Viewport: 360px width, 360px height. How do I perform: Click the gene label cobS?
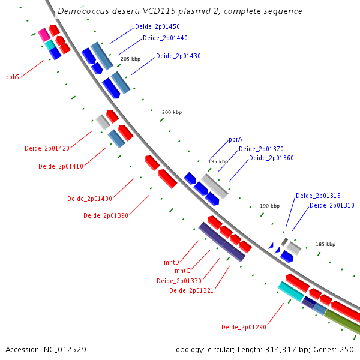pyautogui.click(x=13, y=77)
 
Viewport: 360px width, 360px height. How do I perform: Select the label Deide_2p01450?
pyautogui.click(x=157, y=26)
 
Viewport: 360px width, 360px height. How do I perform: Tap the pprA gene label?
pyautogui.click(x=236, y=140)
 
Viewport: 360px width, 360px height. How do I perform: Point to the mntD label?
pyautogui.click(x=172, y=262)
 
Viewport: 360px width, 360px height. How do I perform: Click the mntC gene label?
pyautogui.click(x=182, y=271)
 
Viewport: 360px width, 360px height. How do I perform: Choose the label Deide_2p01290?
pyautogui.click(x=244, y=327)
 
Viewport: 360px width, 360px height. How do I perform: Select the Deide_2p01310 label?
pyautogui.click(x=332, y=205)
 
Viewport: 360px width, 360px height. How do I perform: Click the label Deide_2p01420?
pyautogui.click(x=47, y=148)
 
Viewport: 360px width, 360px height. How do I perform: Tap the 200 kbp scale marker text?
pyautogui.click(x=172, y=112)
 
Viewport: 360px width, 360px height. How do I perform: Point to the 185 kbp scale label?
pyautogui.click(x=326, y=244)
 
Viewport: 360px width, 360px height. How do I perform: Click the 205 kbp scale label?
pyautogui.click(x=130, y=59)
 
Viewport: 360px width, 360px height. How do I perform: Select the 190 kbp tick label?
pyautogui.click(x=270, y=206)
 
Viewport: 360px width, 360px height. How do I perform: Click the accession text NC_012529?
pyautogui.click(x=65, y=350)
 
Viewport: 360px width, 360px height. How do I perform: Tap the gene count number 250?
pyautogui.click(x=347, y=349)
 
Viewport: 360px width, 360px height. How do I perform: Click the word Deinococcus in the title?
pyautogui.click(x=83, y=11)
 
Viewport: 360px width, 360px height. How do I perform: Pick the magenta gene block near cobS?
pyautogui.click(x=44, y=35)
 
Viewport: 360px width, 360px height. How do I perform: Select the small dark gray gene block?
pyautogui.click(x=284, y=242)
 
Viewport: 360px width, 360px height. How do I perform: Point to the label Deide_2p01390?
pyautogui.click(x=106, y=215)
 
